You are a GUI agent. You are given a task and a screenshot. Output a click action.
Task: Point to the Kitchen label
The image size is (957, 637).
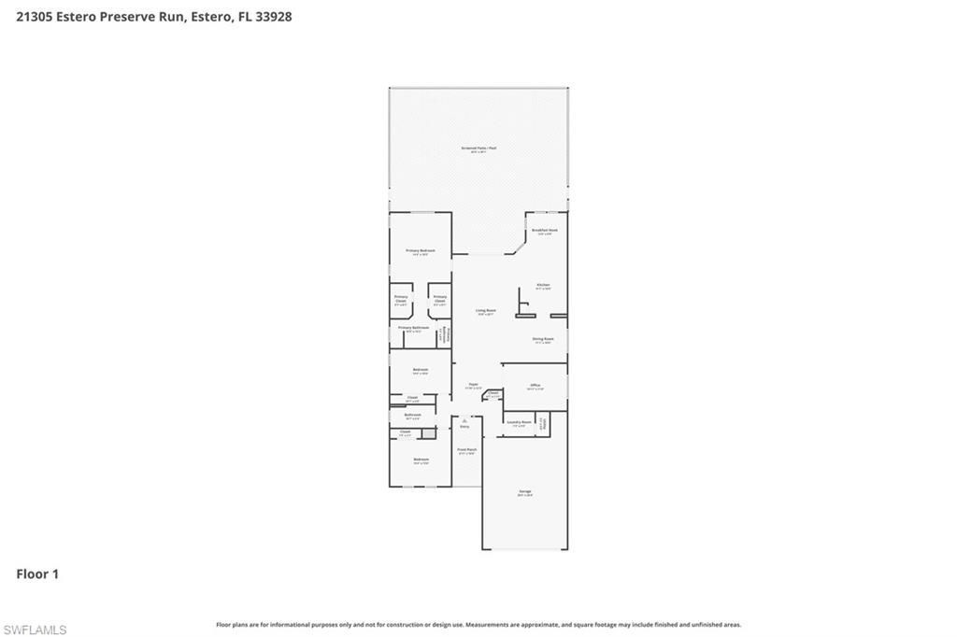[543, 286]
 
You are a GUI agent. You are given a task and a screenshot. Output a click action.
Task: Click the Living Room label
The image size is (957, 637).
[485, 312]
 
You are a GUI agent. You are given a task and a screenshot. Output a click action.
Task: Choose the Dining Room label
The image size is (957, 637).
[543, 340]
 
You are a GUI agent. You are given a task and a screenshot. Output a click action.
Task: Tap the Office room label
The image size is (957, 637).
[536, 386]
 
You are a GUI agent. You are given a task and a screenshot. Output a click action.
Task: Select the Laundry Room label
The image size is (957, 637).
[519, 423]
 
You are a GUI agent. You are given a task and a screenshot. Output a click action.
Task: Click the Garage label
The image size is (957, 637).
[524, 492]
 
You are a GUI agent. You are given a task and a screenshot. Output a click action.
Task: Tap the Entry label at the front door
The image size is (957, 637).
[464, 427]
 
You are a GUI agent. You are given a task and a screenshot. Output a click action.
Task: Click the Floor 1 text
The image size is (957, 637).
[37, 574]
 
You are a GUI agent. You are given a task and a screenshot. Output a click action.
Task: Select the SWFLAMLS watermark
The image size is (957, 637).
[35, 630]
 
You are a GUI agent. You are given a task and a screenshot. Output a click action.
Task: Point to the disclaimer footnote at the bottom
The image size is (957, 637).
[478, 625]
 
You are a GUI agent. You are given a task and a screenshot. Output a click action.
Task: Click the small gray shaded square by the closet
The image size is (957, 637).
[428, 433]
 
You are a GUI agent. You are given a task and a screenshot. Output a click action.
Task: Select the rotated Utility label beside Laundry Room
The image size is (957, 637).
[543, 423]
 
